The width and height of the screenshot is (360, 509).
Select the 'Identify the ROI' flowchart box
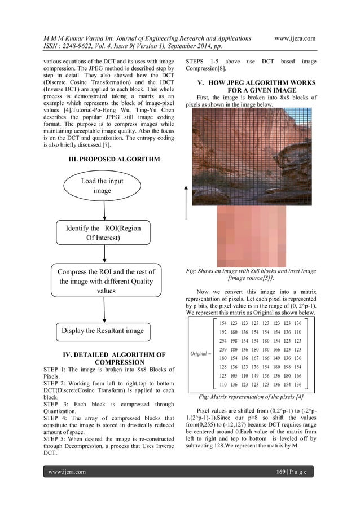(103, 233)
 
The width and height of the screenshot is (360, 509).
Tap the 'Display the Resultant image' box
(103, 330)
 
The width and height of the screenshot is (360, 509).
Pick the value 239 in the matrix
(224, 350)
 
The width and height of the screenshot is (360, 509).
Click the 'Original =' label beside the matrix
(201, 354)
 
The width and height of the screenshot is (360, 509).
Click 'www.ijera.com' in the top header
(294, 38)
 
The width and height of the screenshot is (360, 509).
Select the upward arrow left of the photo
(186, 203)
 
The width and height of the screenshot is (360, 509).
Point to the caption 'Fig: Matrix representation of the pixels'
(251, 397)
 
